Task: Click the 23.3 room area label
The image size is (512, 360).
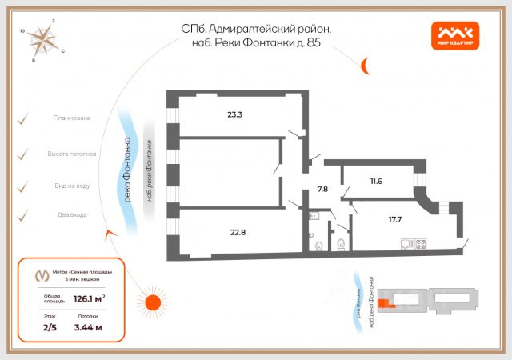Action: (234, 114)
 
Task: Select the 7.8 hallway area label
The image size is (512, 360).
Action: (322, 190)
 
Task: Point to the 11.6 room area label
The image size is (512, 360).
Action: (376, 181)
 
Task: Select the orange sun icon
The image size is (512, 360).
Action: (150, 302)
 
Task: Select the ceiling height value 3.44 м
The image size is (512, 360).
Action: (88, 327)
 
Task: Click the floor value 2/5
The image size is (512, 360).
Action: (50, 327)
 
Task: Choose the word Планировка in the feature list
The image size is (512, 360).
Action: (71, 118)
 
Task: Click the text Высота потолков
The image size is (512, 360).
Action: (72, 152)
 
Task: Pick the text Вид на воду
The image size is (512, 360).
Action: (71, 186)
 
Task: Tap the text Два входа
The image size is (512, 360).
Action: (72, 214)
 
